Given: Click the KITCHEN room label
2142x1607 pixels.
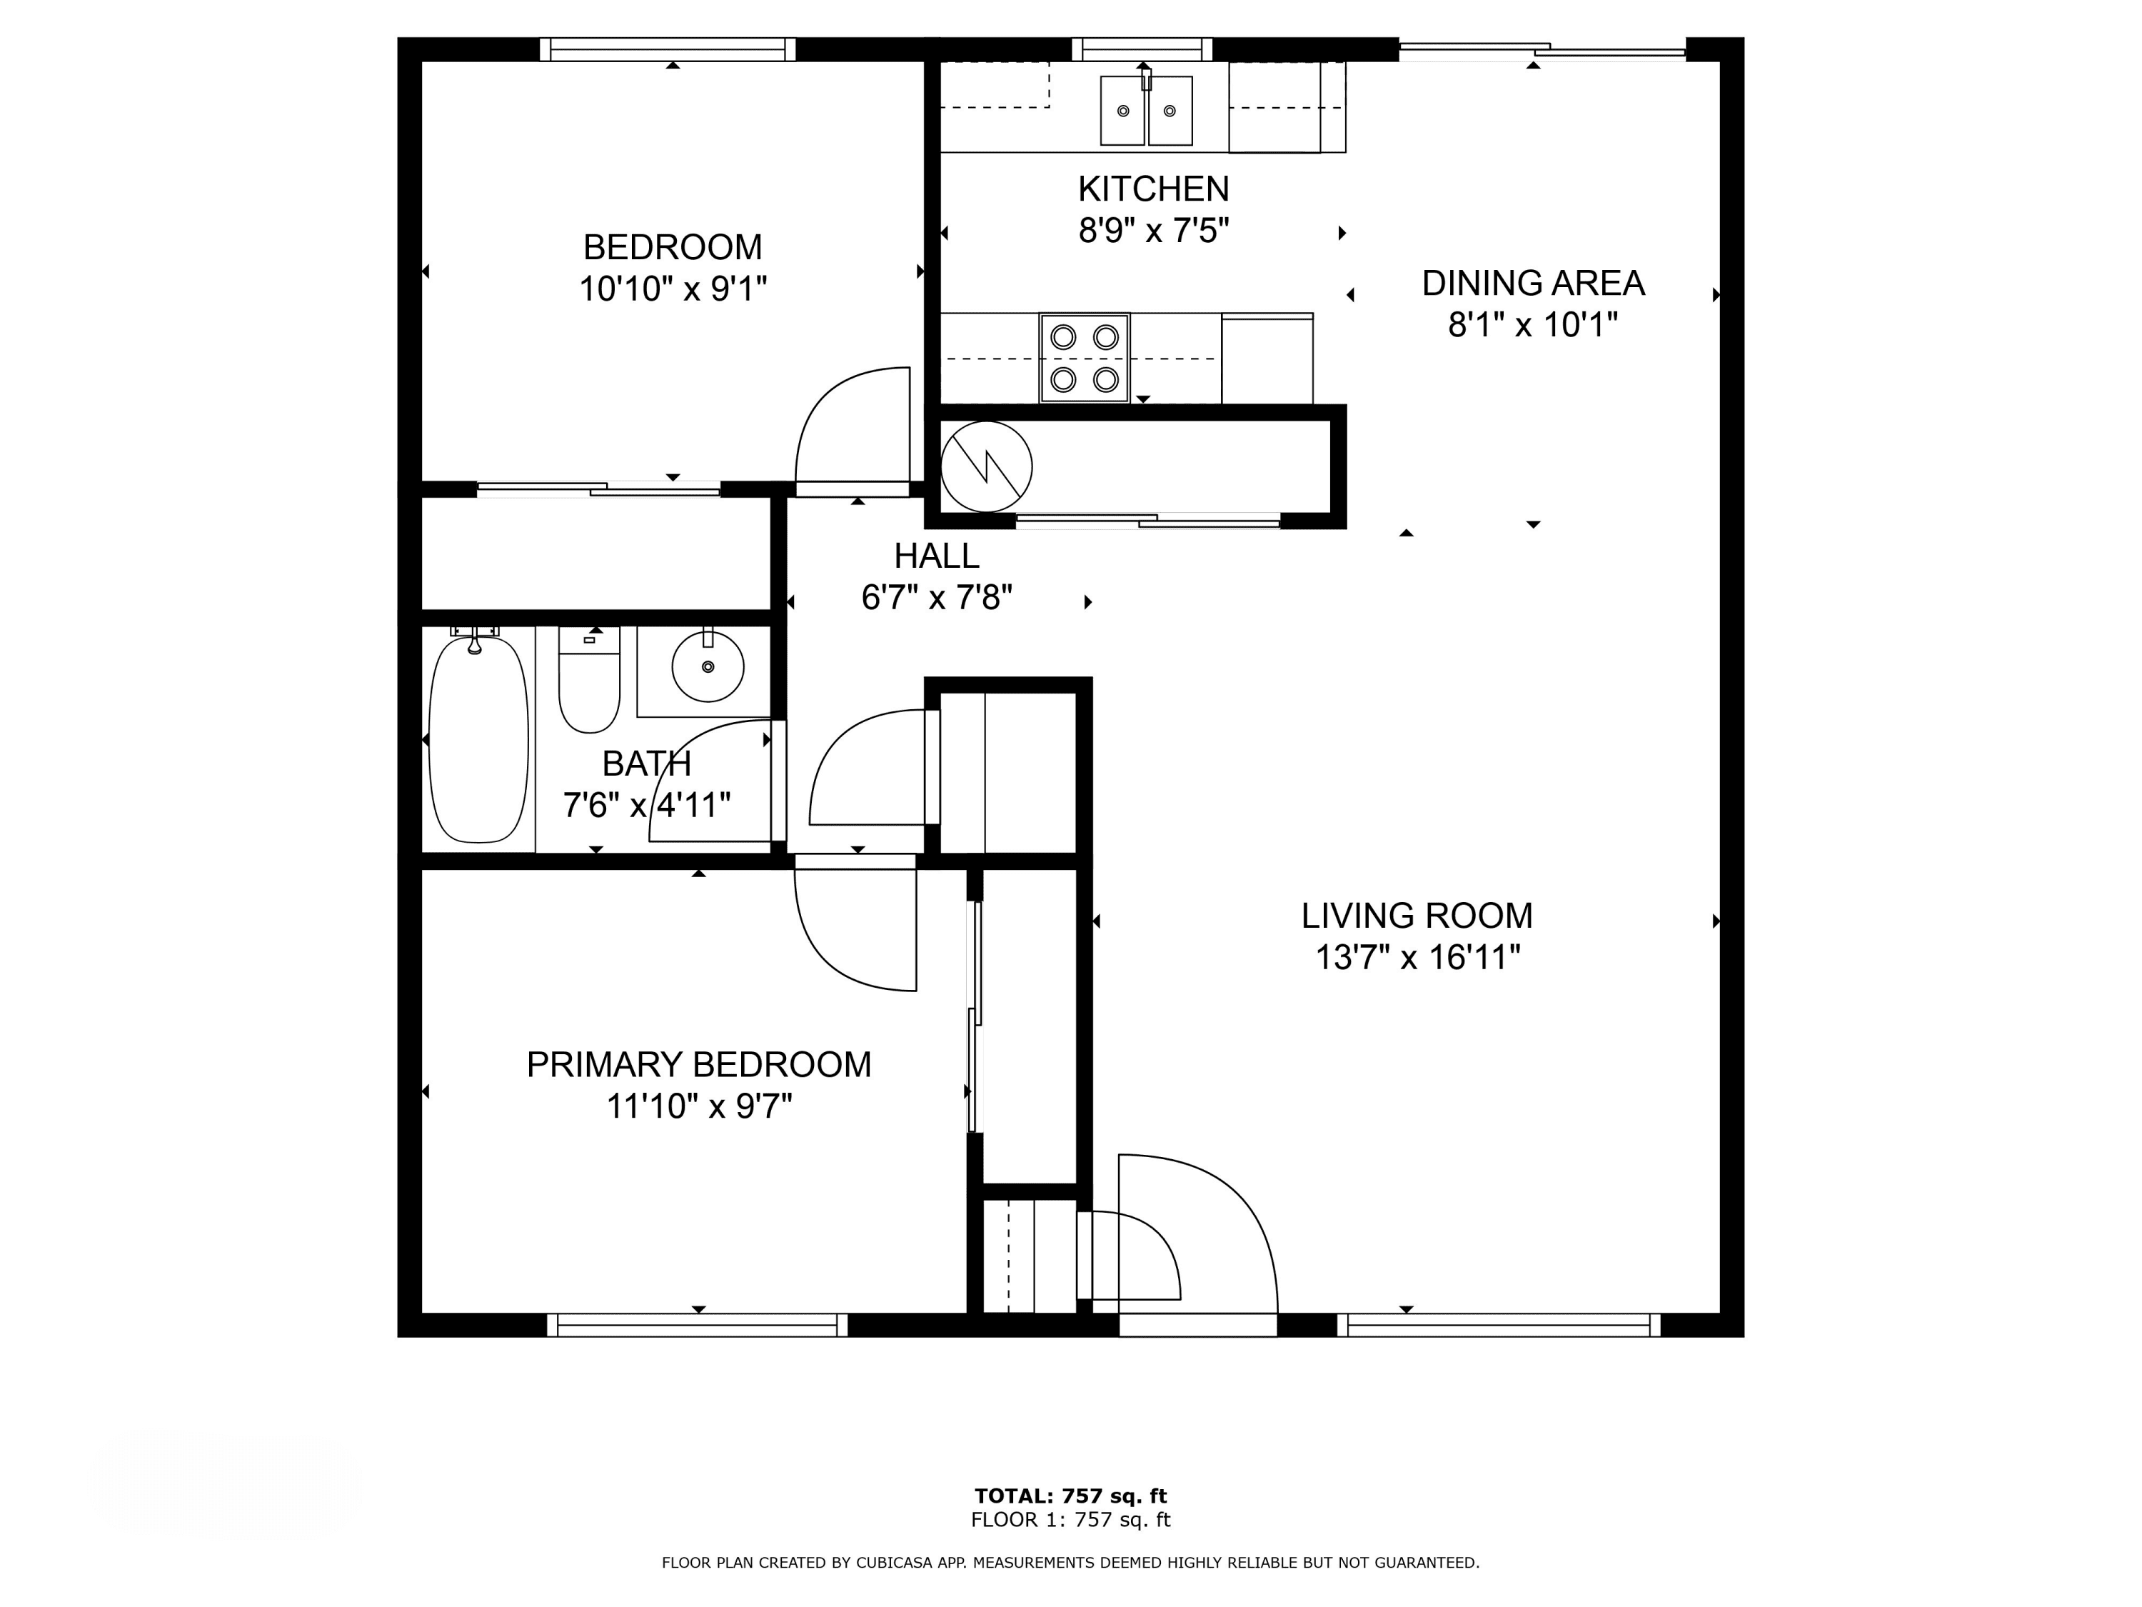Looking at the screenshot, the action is pyautogui.click(x=1153, y=188).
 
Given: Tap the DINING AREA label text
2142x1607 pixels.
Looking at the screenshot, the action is pyautogui.click(x=1533, y=283).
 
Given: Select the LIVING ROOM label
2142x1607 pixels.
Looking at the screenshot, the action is pyautogui.click(x=1417, y=916).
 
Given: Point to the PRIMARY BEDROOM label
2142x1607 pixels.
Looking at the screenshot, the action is pyautogui.click(x=698, y=1065).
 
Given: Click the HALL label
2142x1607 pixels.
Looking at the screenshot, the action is pyautogui.click(x=936, y=556).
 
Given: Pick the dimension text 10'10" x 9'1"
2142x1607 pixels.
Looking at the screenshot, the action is pyautogui.click(x=673, y=289).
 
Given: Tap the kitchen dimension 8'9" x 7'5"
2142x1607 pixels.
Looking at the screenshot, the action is pyautogui.click(x=1153, y=231).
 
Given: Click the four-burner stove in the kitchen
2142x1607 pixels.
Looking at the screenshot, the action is pyautogui.click(x=1085, y=357).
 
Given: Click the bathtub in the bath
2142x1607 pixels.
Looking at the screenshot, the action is pyautogui.click(x=478, y=739).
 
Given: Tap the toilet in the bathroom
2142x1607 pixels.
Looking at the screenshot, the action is pyautogui.click(x=589, y=680).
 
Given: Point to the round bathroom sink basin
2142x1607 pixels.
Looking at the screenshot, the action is pyautogui.click(x=708, y=666).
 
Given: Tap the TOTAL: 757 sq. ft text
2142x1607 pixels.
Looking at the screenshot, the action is pyautogui.click(x=1071, y=1496).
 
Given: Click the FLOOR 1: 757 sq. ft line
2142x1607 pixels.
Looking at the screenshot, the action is pyautogui.click(x=1071, y=1520).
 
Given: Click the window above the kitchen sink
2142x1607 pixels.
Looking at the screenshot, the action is pyautogui.click(x=1142, y=49).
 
